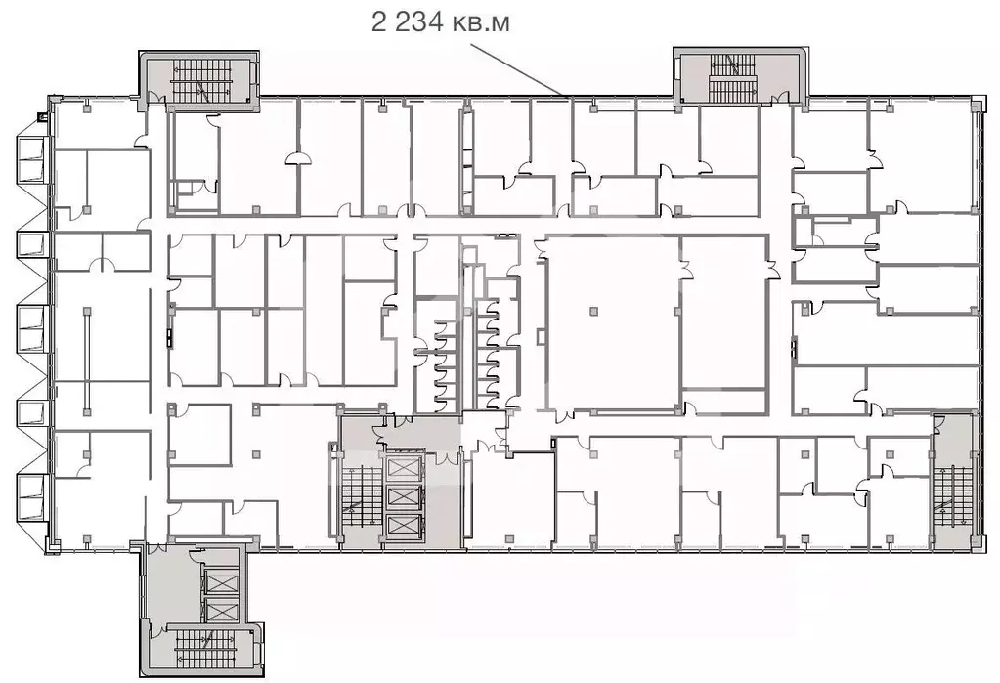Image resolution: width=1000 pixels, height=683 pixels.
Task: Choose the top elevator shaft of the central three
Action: click(402, 466)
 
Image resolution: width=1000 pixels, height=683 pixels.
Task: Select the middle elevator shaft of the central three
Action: click(402, 496)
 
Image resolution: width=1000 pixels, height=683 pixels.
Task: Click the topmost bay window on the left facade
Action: click(30, 157)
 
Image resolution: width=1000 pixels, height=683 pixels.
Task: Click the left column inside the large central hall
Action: click(593, 310)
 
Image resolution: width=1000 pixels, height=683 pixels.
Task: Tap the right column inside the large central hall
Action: click(674, 310)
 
